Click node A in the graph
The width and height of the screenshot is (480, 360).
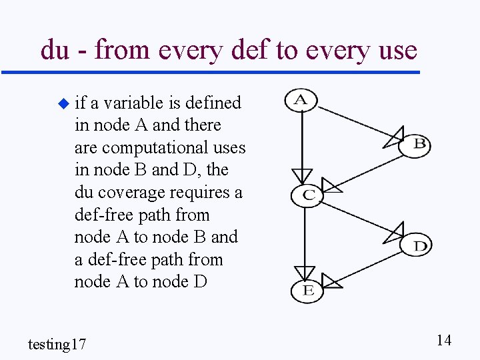301,101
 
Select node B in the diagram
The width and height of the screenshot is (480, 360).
415,144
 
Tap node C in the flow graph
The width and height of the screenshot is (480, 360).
307,195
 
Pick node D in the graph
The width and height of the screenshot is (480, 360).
416,245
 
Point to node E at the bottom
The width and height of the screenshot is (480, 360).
307,290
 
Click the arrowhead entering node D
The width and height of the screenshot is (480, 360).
394,234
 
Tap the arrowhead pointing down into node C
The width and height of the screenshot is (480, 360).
302,177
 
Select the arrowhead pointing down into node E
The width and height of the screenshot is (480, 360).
305,273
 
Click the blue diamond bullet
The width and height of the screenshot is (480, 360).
63,103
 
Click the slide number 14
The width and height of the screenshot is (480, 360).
443,341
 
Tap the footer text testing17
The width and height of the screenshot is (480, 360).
57,344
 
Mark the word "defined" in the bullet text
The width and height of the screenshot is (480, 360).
213,103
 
